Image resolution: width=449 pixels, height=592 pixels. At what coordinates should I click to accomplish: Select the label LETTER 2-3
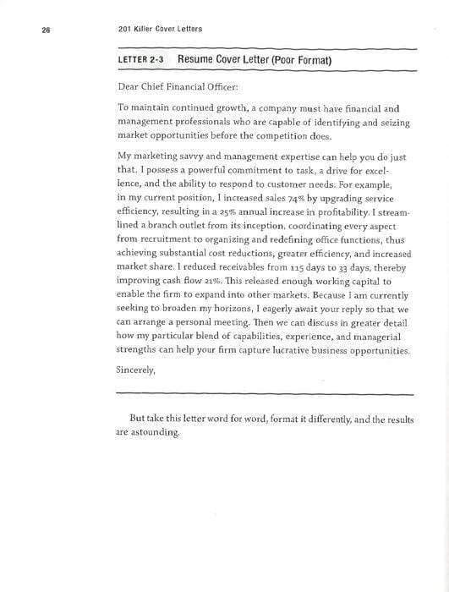click(141, 62)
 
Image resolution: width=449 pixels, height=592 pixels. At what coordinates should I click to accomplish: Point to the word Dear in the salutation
click(127, 86)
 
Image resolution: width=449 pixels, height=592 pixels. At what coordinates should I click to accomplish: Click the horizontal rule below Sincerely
click(264, 394)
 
